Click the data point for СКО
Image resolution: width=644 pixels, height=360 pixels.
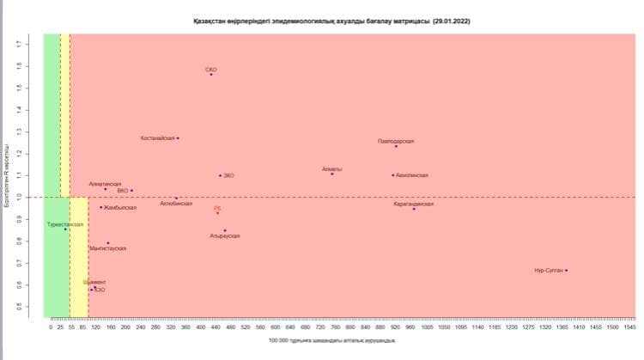click(210, 75)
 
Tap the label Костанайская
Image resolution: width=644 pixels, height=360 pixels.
click(158, 138)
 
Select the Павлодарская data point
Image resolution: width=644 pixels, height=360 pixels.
click(396, 146)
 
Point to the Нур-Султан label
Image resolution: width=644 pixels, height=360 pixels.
click(548, 271)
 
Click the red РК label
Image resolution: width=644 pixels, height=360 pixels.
click(217, 208)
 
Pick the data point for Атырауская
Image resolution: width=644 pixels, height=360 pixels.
click(225, 230)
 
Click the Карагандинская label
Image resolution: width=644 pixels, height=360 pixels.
click(414, 204)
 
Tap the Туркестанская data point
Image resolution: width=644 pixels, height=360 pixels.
click(65, 229)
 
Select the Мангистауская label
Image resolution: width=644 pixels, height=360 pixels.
click(108, 248)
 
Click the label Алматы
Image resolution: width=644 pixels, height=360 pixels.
click(331, 169)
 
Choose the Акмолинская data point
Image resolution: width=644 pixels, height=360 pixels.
click(392, 175)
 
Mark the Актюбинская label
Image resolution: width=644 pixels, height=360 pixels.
click(176, 204)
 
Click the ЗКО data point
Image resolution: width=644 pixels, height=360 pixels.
click(220, 175)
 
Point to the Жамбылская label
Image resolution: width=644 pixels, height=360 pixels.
click(119, 207)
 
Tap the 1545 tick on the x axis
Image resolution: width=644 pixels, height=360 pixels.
click(630, 327)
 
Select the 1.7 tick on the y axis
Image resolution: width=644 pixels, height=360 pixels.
click(31, 41)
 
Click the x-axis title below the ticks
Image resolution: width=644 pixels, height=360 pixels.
click(332, 341)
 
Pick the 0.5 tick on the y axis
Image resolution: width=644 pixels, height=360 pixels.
click(31, 307)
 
